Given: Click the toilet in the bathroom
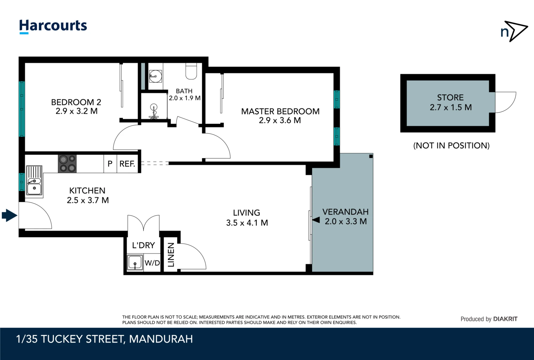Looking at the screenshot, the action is tap(191, 71).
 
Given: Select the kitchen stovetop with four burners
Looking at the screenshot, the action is tap(67, 164).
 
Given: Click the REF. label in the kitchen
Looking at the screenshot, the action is tap(127, 164).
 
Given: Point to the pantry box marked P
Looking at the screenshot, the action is tap(110, 164).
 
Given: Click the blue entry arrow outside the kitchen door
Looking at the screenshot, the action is tap(10, 215).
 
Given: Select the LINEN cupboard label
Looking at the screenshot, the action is tap(171, 255).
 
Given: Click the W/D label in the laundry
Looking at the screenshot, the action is tap(152, 263).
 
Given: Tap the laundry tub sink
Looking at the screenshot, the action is tap(135, 263).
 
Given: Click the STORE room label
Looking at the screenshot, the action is tap(450, 97).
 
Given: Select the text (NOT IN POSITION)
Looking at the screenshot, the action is tap(451, 146).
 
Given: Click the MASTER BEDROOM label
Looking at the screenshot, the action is tap(280, 111).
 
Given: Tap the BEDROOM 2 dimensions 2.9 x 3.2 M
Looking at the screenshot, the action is tap(77, 111).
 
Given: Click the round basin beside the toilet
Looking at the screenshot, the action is tap(155, 76).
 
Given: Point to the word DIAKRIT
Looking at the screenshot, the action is tap(505, 319).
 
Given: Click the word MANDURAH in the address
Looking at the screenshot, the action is tap(161, 339).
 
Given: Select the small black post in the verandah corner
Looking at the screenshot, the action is tap(371, 156).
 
